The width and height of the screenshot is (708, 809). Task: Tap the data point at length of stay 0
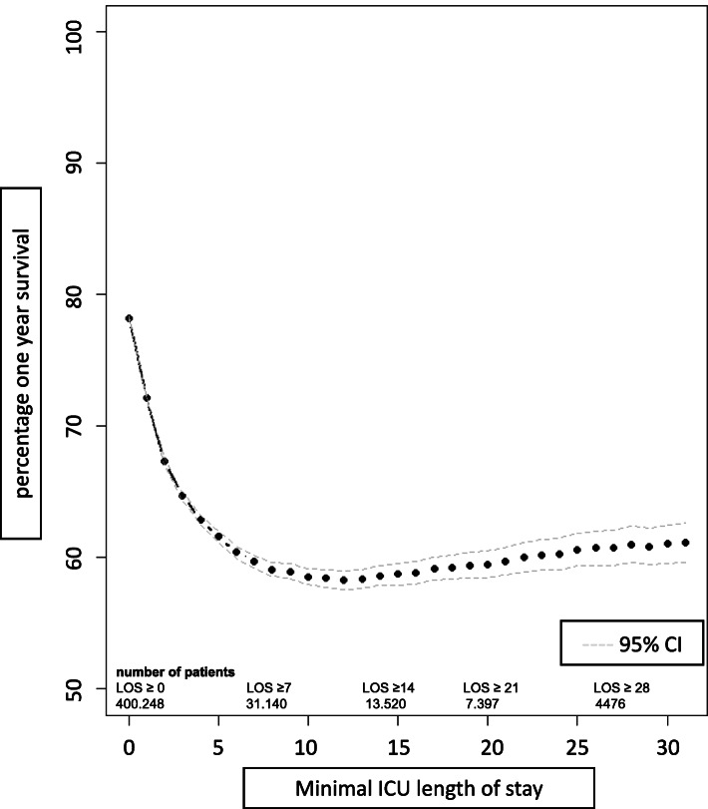point(129,318)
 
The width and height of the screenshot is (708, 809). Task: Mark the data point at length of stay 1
point(147,398)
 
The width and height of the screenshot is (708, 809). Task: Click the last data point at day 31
point(686,543)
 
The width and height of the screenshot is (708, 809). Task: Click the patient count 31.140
point(267,703)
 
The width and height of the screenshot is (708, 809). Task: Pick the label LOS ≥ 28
point(623,688)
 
